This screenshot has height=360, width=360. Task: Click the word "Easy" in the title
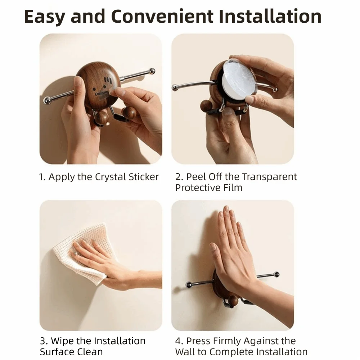click(44, 17)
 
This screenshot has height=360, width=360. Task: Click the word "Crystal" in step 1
click(111, 177)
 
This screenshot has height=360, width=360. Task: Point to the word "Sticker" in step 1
click(144, 177)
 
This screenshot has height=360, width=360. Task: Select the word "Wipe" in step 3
click(62, 341)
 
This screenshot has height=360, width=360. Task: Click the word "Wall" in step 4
click(186, 352)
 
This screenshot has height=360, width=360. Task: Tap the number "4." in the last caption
click(179, 341)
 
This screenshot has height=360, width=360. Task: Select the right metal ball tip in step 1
click(152, 71)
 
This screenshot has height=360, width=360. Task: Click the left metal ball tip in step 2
click(175, 87)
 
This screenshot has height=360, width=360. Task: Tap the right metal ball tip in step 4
click(277, 274)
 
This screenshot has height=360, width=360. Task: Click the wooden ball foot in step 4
click(233, 301)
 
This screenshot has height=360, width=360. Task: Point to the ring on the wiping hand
click(75, 253)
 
